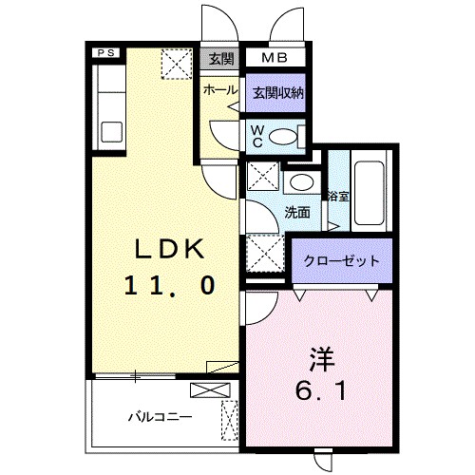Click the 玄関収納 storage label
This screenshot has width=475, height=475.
(276, 92)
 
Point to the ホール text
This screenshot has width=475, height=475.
(220, 88)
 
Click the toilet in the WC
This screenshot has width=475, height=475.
(283, 137)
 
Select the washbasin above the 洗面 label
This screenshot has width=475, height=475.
(301, 182)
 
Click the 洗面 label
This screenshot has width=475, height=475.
(297, 212)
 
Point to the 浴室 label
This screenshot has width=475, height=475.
(335, 196)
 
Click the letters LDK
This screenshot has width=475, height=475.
(168, 250)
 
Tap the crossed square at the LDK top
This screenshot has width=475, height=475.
(177, 65)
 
